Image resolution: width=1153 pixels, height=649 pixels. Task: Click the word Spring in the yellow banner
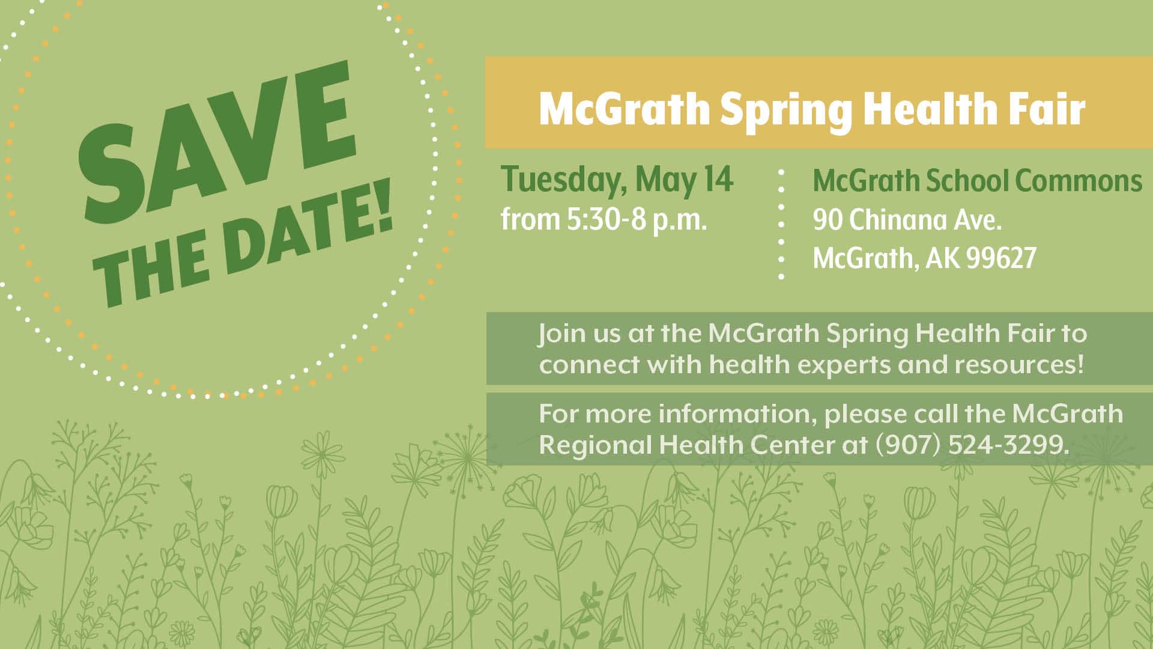(785, 111)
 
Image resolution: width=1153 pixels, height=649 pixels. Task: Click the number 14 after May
(718, 178)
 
